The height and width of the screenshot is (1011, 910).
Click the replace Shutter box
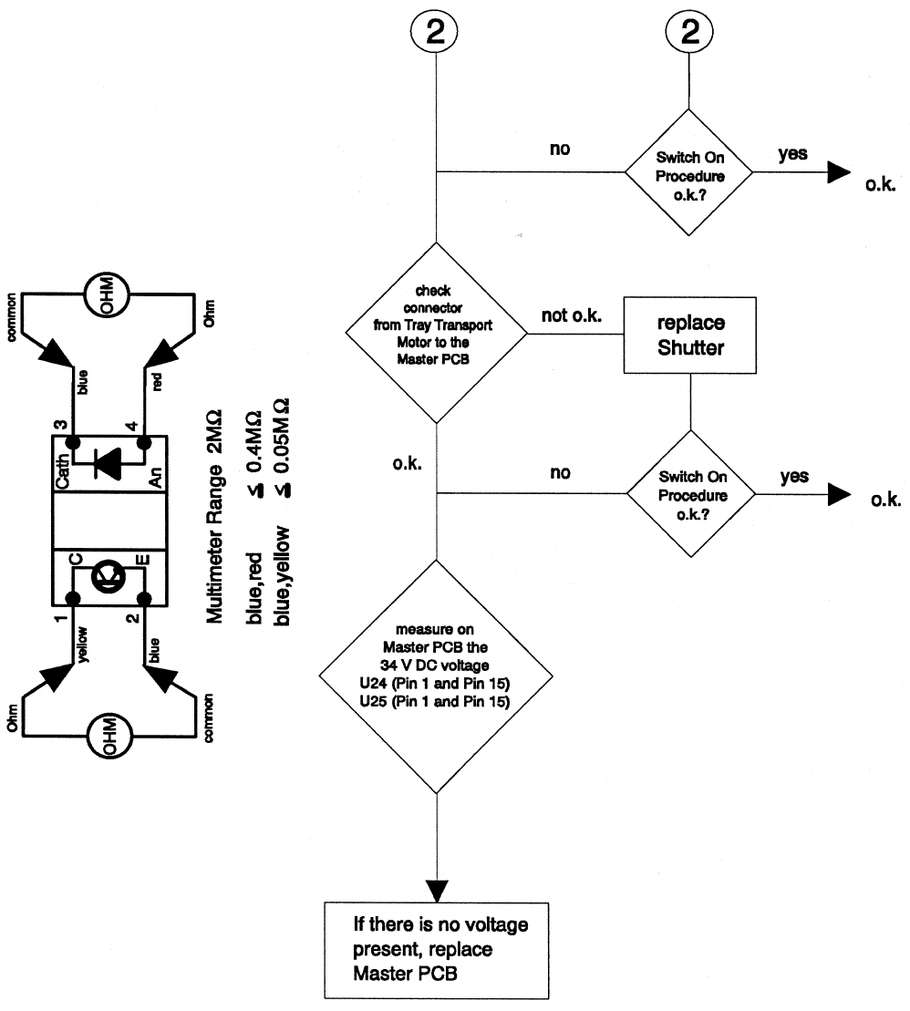click(x=691, y=335)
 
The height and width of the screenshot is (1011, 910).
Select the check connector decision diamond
click(x=437, y=334)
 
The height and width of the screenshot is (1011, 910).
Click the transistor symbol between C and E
click(x=108, y=576)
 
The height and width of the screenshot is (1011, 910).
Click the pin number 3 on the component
click(x=61, y=425)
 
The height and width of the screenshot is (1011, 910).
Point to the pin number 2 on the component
click(x=134, y=617)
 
